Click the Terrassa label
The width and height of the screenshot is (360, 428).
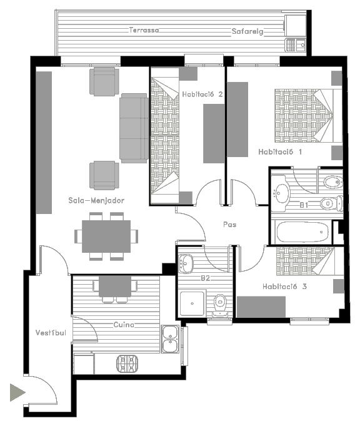pyautogui.click(x=144, y=30)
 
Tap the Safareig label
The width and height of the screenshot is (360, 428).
pyautogui.click(x=247, y=31)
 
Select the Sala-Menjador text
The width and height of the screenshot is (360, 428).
pyautogui.click(x=96, y=201)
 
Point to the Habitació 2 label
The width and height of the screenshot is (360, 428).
pyautogui.click(x=202, y=94)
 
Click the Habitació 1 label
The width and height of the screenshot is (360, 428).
pyautogui.click(x=280, y=152)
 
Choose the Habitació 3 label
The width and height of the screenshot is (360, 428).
pyautogui.click(x=284, y=287)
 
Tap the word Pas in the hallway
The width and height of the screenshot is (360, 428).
pyautogui.click(x=229, y=225)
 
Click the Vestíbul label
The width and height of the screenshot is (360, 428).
pyautogui.click(x=51, y=333)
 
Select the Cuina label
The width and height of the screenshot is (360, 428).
pyautogui.click(x=124, y=325)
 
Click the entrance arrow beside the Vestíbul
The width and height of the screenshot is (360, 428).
pyautogui.click(x=17, y=392)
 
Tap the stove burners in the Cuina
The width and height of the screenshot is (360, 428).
pyautogui.click(x=127, y=364)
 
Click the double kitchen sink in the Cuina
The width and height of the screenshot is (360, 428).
pyautogui.click(x=170, y=339)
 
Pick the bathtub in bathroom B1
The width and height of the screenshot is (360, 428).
pyautogui.click(x=303, y=232)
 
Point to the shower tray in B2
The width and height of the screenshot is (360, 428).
pyautogui.click(x=192, y=303)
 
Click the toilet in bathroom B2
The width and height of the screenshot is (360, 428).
pyautogui.click(x=220, y=305)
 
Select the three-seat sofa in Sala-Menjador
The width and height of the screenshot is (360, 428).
pyautogui.click(x=134, y=128)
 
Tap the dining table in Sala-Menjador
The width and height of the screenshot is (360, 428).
pyautogui.click(x=106, y=237)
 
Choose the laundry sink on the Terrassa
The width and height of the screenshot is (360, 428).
pyautogui.click(x=296, y=45)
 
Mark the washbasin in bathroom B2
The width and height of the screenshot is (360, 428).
pyautogui.click(x=186, y=263)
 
